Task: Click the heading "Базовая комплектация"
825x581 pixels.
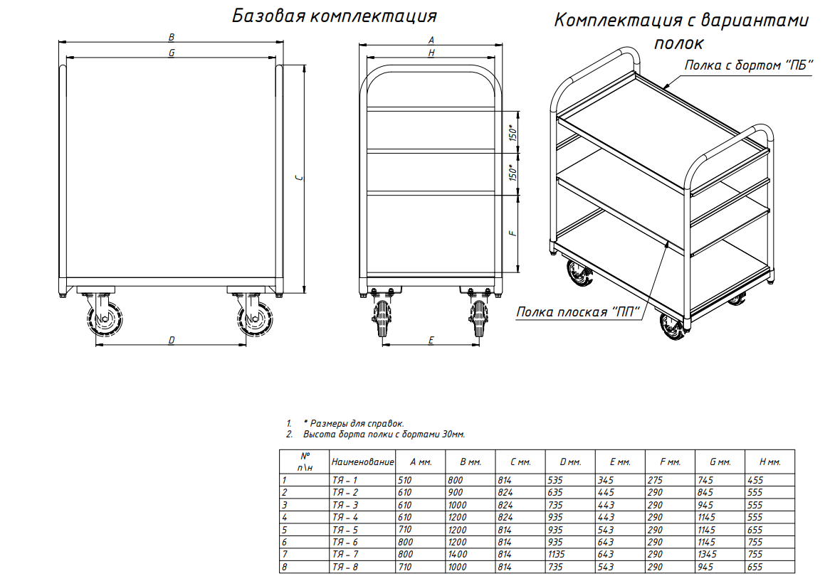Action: point(334,16)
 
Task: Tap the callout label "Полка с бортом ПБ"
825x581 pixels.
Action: point(749,65)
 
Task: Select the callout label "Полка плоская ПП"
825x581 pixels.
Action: point(578,311)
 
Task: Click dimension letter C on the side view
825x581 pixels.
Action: point(300,178)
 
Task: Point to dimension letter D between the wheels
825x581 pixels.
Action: point(171,340)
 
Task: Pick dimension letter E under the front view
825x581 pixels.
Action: point(431,340)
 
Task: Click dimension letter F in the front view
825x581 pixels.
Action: point(513,233)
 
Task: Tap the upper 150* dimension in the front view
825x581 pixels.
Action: point(513,132)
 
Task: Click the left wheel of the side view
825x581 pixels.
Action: point(105,318)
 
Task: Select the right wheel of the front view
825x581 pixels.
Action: point(478,318)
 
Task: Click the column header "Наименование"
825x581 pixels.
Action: point(362,462)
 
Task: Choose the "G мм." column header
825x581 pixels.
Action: point(720,462)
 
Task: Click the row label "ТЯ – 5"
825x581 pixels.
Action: point(345,530)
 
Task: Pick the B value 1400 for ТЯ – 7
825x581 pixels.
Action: point(457,554)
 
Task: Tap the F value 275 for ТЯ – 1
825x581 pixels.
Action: point(655,480)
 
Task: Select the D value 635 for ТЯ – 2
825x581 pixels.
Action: point(555,492)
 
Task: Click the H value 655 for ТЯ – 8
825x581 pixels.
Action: point(755,567)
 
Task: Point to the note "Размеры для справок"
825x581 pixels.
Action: point(354,423)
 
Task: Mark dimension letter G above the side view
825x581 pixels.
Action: point(172,53)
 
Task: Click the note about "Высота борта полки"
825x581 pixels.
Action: point(384,435)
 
